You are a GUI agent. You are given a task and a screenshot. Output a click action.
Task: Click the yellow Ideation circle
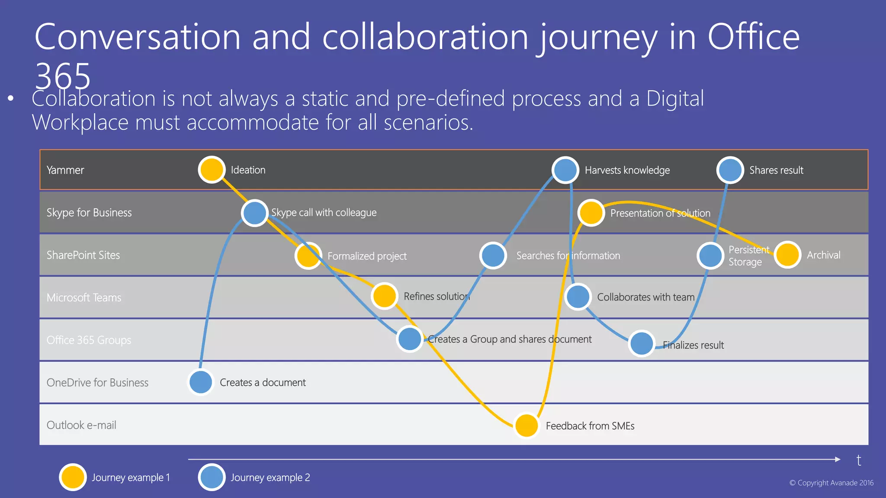(x=212, y=169)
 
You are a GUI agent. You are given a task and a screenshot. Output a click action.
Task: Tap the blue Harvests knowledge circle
(x=565, y=170)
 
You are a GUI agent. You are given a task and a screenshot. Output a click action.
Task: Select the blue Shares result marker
(x=730, y=170)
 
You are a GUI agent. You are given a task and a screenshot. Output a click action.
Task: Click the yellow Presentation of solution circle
(x=591, y=213)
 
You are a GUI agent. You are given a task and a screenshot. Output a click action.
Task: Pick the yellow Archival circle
(x=787, y=255)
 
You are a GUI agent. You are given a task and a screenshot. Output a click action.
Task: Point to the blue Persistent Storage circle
(x=710, y=255)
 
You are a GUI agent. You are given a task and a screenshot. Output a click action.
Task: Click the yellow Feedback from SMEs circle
(x=526, y=425)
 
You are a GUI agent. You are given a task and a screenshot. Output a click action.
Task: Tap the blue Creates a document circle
(x=201, y=382)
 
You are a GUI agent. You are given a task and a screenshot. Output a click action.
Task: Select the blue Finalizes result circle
(x=642, y=344)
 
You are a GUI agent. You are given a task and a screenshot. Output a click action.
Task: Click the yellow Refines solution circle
(x=385, y=296)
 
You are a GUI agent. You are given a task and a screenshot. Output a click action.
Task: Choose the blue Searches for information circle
(x=493, y=255)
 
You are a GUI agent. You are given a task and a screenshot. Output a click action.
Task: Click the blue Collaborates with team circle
(x=578, y=297)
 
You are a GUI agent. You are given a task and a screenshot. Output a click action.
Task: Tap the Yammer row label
(x=65, y=170)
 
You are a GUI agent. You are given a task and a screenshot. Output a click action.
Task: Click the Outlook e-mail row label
(x=81, y=425)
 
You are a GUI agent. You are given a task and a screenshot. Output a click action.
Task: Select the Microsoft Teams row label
(x=84, y=297)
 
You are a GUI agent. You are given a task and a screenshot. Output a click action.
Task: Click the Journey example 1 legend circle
(x=73, y=477)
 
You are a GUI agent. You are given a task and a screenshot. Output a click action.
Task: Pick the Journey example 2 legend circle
(x=212, y=477)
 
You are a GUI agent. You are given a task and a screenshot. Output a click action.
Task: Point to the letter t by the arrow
(x=859, y=460)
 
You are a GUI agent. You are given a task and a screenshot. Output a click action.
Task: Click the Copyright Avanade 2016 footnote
(x=831, y=483)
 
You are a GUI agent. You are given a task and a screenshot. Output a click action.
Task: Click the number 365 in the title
(x=63, y=76)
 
